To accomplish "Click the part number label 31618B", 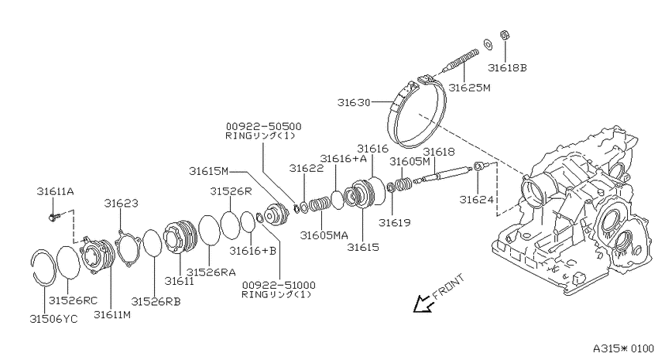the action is [507, 67].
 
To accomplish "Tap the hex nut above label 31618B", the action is [505, 35].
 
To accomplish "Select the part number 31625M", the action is [469, 87].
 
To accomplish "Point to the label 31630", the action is [354, 102].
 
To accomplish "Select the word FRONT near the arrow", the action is [448, 286].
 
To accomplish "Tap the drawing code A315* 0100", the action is [623, 348].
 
